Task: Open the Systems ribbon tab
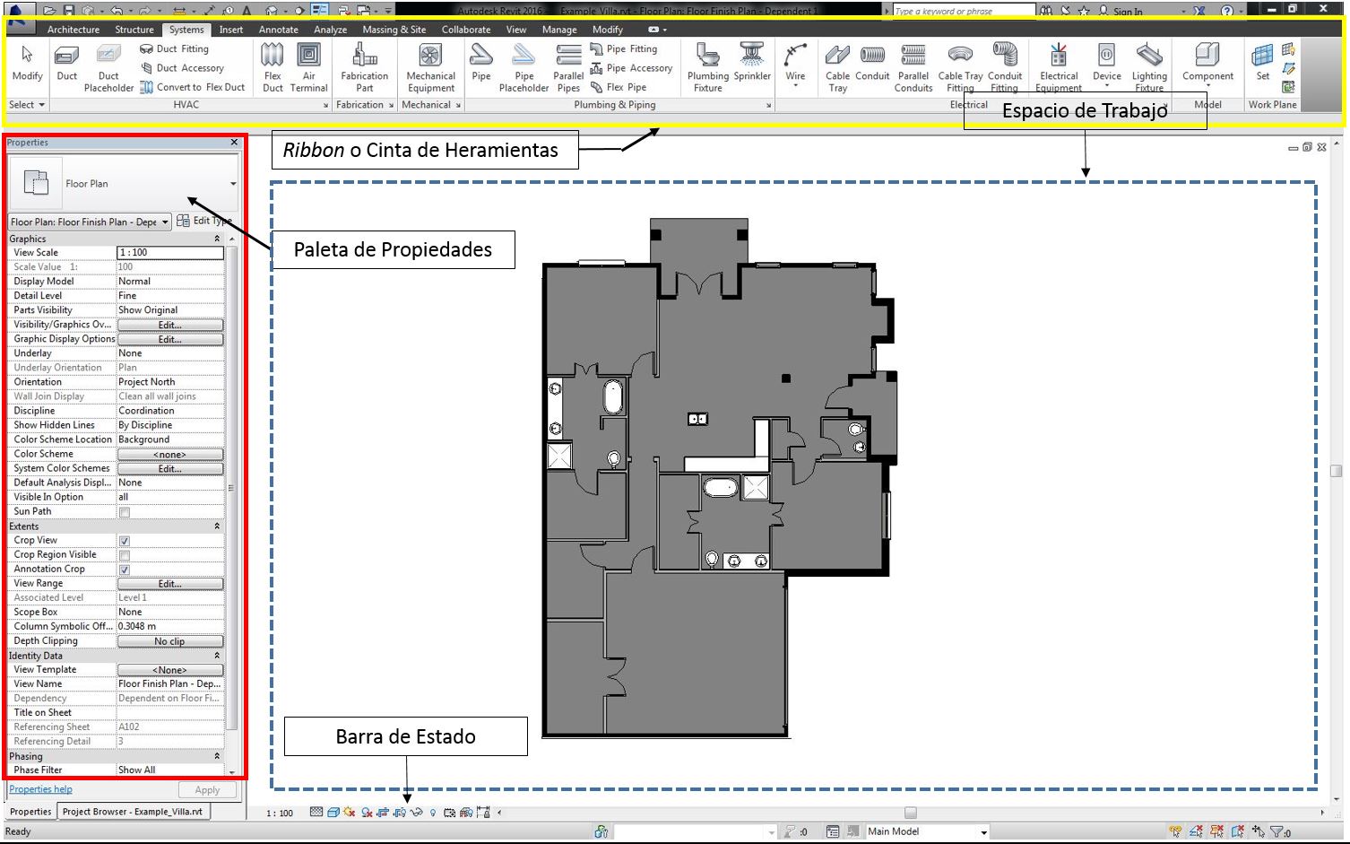pyautogui.click(x=186, y=30)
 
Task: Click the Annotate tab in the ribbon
pyautogui.click(x=278, y=30)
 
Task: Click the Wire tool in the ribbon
pyautogui.click(x=795, y=57)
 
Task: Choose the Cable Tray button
pyautogui.click(x=837, y=57)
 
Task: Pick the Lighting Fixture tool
pyautogui.click(x=1148, y=57)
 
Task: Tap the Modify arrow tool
pyautogui.click(x=27, y=57)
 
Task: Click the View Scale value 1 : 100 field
pyautogui.click(x=169, y=253)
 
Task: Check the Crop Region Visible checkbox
pyautogui.click(x=125, y=555)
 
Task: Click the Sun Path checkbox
pyautogui.click(x=125, y=512)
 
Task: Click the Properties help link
pyautogui.click(x=40, y=789)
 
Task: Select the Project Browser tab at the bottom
pyautogui.click(x=133, y=812)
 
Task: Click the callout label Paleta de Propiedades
pyautogui.click(x=393, y=250)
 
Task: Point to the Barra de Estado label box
pyautogui.click(x=405, y=736)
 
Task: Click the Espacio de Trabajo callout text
pyautogui.click(x=1085, y=111)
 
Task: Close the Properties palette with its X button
pyautogui.click(x=234, y=143)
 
